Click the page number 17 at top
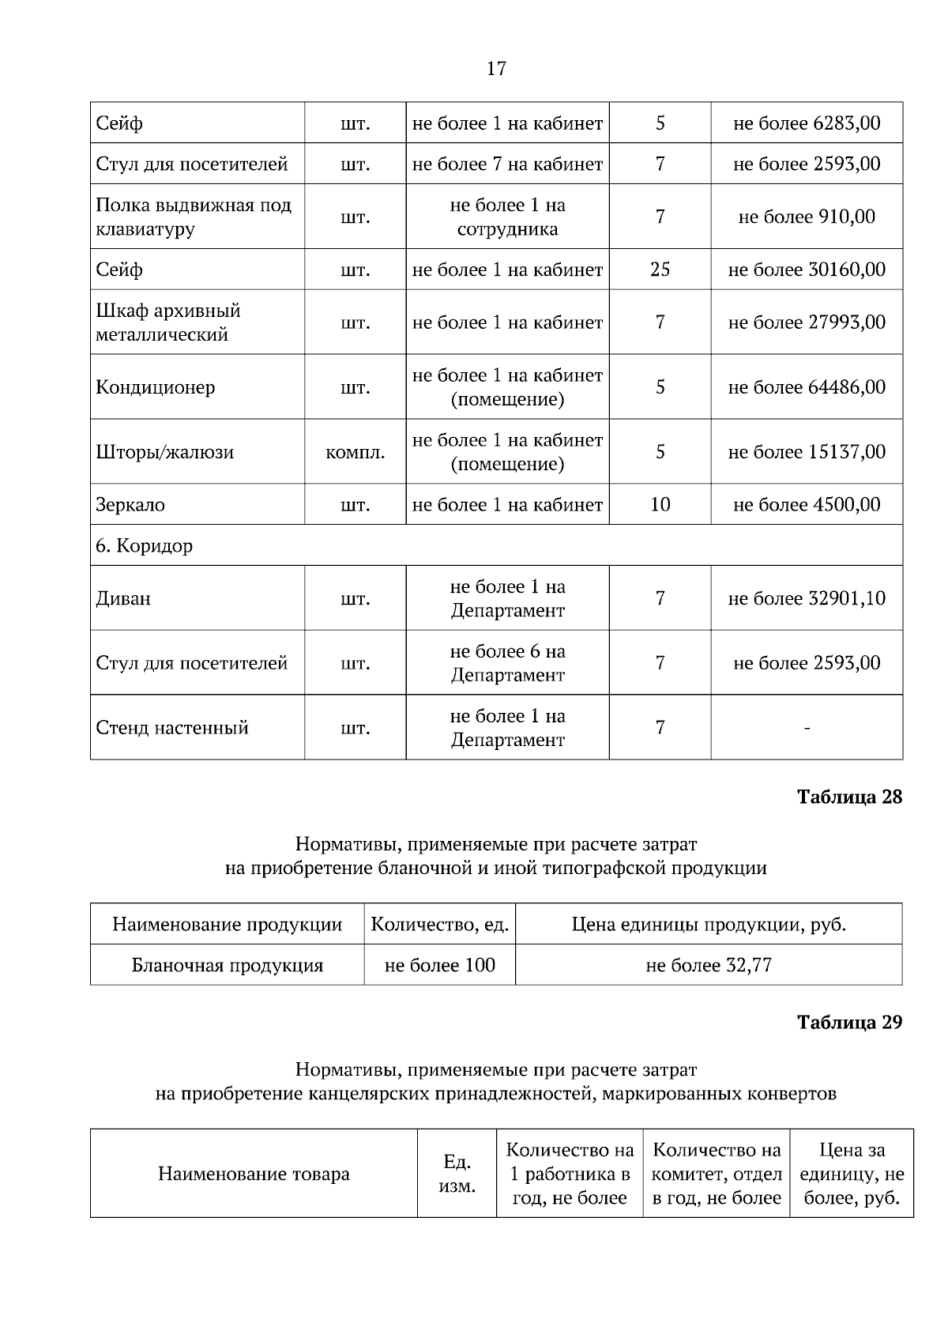pyautogui.click(x=495, y=69)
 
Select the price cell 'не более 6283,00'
pyautogui.click(x=807, y=123)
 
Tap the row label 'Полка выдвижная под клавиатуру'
pyautogui.click(x=194, y=217)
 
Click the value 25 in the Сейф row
pyautogui.click(x=660, y=270)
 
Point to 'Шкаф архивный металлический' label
pyautogui.click(x=168, y=322)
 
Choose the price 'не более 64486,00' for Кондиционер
pyautogui.click(x=807, y=387)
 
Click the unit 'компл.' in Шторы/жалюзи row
pyautogui.click(x=355, y=452)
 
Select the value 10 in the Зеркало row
pyautogui.click(x=660, y=504)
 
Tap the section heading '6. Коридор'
pyautogui.click(x=145, y=545)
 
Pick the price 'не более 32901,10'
pyautogui.click(x=807, y=598)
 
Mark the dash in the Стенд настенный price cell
pyautogui.click(x=807, y=728)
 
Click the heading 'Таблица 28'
pyautogui.click(x=849, y=797)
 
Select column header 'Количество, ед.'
pyautogui.click(x=440, y=924)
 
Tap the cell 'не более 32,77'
pyautogui.click(x=709, y=965)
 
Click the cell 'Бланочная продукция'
pyautogui.click(x=228, y=965)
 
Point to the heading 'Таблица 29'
pyautogui.click(x=849, y=1022)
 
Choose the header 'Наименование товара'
pyautogui.click(x=254, y=1174)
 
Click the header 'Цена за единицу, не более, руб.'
pyautogui.click(x=852, y=1174)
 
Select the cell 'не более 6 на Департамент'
pyautogui.click(x=507, y=663)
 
